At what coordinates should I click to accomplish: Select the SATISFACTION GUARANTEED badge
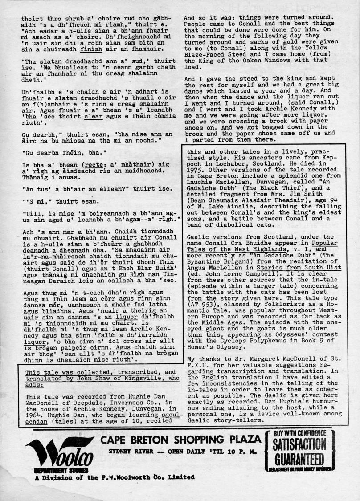pyautogui.click(x=300, y=450)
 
